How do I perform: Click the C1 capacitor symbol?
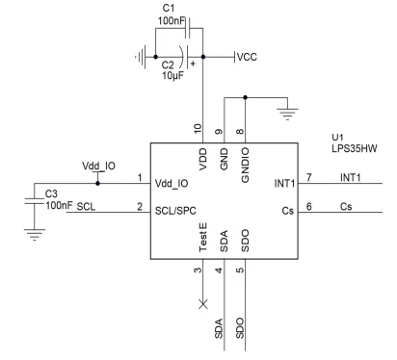(188, 28)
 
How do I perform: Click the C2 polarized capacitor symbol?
(184, 57)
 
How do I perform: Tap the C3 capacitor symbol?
(35, 201)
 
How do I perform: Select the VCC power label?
(247, 57)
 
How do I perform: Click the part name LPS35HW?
(355, 148)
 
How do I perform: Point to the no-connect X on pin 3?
(203, 304)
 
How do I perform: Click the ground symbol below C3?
(35, 235)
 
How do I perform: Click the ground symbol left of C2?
(141, 57)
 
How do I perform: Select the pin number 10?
(198, 129)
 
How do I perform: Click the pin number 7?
(309, 177)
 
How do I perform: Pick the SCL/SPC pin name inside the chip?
(175, 211)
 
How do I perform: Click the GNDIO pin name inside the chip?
(245, 165)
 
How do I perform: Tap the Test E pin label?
(203, 238)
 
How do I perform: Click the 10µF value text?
(172, 76)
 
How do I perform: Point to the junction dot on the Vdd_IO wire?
(97, 183)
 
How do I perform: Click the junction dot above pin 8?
(245, 97)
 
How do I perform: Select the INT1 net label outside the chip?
(351, 177)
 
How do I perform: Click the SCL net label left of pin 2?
(86, 207)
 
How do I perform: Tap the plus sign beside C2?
(193, 64)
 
